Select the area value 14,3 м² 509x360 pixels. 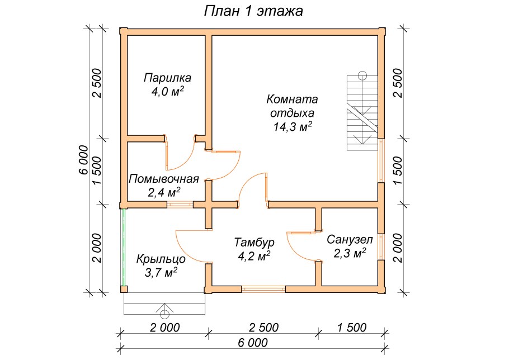pyautogui.click(x=293, y=127)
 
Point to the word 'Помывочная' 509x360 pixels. pyautogui.click(x=164, y=179)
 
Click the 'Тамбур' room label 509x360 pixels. pyautogui.click(x=253, y=243)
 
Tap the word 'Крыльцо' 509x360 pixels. pyautogui.click(x=161, y=259)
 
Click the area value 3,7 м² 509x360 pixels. pyautogui.click(x=161, y=273)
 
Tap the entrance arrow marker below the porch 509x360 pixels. pyautogui.click(x=165, y=309)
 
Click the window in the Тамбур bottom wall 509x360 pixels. pyautogui.click(x=263, y=289)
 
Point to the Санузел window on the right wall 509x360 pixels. pyautogui.click(x=381, y=247)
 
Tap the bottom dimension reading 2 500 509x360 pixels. pyautogui.click(x=264, y=327)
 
